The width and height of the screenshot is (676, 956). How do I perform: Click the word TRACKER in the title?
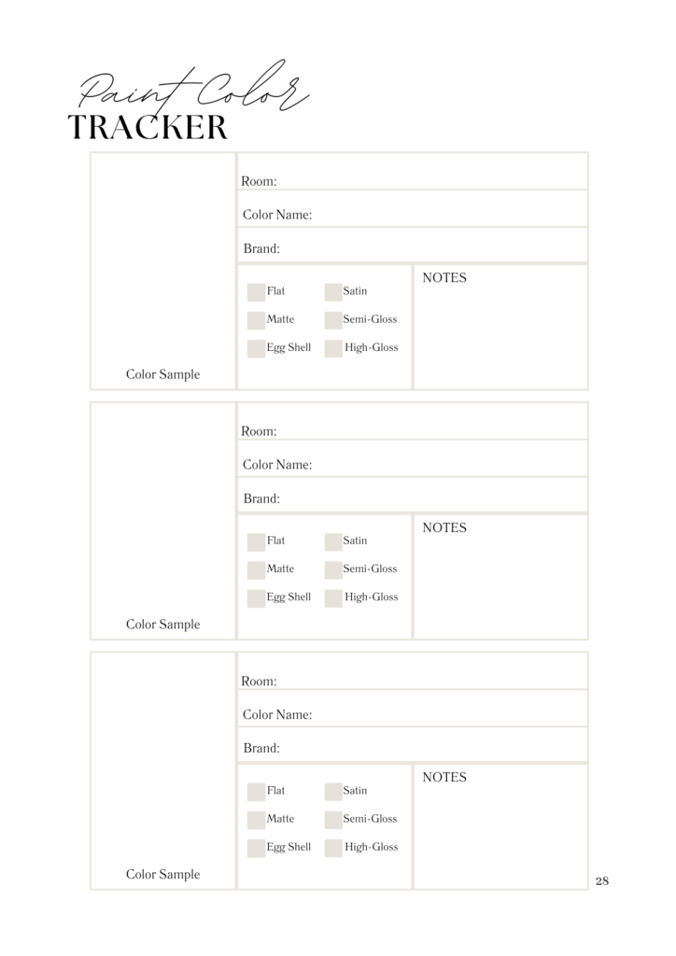point(148,127)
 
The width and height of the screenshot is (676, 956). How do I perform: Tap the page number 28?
point(601,880)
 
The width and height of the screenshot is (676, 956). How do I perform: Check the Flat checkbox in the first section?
point(256,292)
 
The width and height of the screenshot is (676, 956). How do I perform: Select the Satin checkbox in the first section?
point(333,292)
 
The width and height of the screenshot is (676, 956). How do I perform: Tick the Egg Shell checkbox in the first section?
point(256,348)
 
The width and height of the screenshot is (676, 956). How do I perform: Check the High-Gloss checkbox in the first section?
point(333,348)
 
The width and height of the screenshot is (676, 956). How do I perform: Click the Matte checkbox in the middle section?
point(256,569)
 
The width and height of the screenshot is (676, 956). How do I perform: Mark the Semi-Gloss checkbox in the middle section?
point(333,569)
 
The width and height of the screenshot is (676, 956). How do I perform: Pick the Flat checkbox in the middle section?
point(256,541)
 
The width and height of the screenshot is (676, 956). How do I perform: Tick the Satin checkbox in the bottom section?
point(333,792)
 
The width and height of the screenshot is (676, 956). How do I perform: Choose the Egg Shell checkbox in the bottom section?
point(256,848)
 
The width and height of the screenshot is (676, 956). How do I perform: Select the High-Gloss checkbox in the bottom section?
point(333,848)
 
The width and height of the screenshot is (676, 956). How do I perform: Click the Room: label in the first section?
point(259,181)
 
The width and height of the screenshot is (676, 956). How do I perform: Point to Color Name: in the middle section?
point(277,465)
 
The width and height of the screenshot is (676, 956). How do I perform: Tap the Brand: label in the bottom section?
point(261,749)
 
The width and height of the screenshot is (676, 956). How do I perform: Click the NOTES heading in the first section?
point(444,278)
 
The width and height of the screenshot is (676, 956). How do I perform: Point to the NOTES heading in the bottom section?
point(444,778)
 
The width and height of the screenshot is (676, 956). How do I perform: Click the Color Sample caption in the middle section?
point(162,625)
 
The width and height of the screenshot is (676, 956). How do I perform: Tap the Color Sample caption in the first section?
point(162,374)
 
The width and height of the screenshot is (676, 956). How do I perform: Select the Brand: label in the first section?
point(261,249)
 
